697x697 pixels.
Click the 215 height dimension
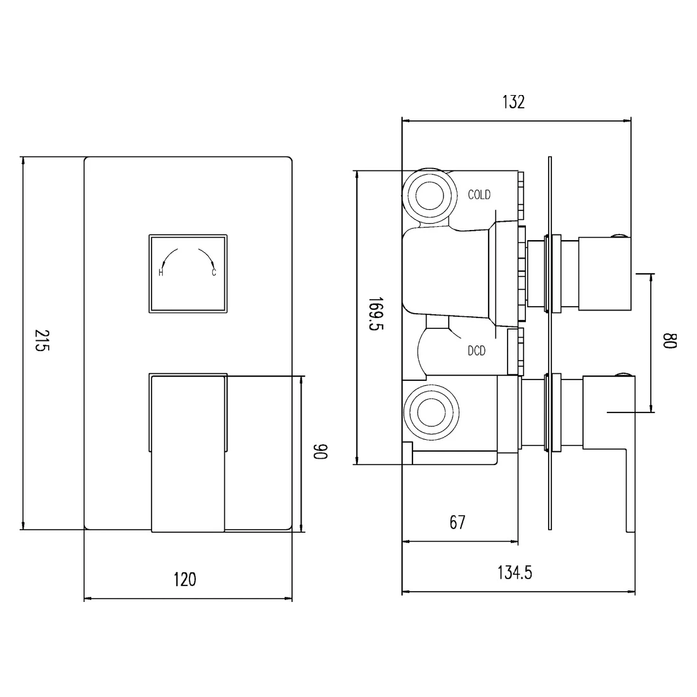42,340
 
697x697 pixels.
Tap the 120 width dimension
184,580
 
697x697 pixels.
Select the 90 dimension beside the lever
321,451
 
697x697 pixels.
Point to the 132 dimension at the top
513,102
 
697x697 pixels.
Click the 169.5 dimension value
376,314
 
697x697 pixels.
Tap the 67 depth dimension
457,522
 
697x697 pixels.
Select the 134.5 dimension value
515,573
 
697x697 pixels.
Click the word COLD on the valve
479,195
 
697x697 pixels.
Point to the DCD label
476,351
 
